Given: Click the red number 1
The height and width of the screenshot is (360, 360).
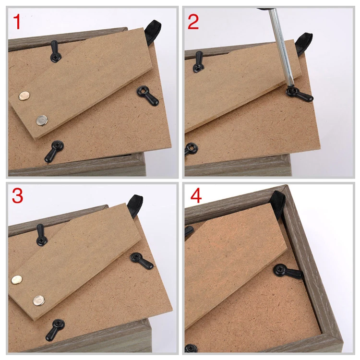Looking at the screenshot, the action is pyautogui.click(x=17, y=22).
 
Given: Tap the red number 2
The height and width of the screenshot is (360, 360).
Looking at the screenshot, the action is pyautogui.click(x=193, y=22).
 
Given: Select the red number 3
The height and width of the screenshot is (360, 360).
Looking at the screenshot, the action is pyautogui.click(x=17, y=195).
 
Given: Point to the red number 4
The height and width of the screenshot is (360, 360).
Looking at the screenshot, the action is pyautogui.click(x=196, y=195).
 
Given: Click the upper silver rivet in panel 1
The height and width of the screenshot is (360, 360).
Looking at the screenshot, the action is pyautogui.click(x=24, y=96).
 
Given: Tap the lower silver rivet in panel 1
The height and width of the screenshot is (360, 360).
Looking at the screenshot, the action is pyautogui.click(x=42, y=120).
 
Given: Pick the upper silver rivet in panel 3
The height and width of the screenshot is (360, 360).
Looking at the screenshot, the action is pyautogui.click(x=16, y=279).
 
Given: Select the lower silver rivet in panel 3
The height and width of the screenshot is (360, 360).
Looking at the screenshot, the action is pyautogui.click(x=39, y=300).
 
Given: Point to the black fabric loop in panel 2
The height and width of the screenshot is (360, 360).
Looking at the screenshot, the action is pyautogui.click(x=304, y=44).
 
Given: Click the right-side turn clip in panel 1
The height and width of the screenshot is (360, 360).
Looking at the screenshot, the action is pyautogui.click(x=147, y=96).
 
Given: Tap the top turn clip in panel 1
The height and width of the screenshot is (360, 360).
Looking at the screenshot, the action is pyautogui.click(x=55, y=51).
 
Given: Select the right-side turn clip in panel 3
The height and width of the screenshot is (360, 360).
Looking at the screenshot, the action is pyautogui.click(x=141, y=261).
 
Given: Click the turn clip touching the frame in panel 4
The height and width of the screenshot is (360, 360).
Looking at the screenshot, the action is pyautogui.click(x=288, y=271).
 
